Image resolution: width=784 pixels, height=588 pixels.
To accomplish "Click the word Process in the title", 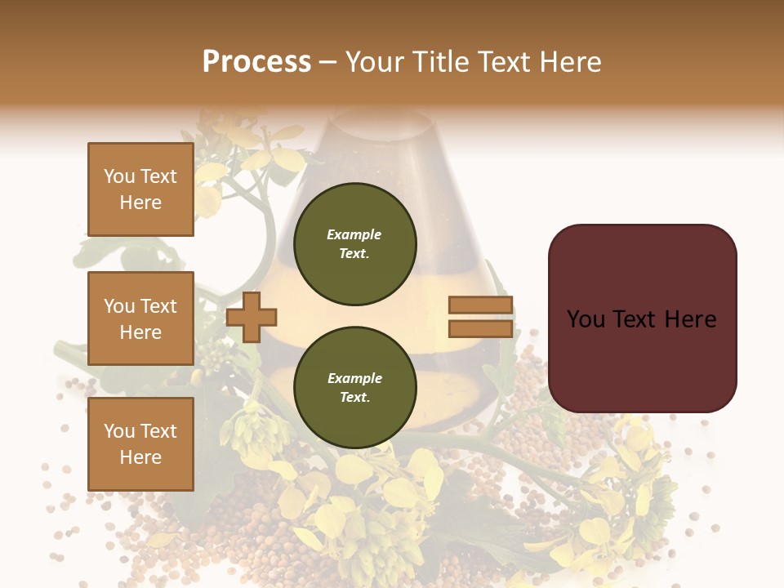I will tap(256, 62).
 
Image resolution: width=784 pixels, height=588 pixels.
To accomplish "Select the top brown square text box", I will tap(140, 189).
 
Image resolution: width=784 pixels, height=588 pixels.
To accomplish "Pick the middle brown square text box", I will tap(140, 318).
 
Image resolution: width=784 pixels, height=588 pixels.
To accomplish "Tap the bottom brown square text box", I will tap(140, 444).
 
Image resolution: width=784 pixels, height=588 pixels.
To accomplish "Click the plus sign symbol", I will tap(252, 318).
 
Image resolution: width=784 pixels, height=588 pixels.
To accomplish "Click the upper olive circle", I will tap(354, 244).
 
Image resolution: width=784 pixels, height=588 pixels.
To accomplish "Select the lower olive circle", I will tap(354, 388).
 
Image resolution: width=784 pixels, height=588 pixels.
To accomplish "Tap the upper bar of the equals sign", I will tap(480, 305).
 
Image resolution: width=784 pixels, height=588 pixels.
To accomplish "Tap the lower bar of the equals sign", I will tap(480, 329).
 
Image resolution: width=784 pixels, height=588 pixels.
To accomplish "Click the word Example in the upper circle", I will tap(354, 234).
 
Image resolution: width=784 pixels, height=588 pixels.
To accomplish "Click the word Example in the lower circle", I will tap(354, 378).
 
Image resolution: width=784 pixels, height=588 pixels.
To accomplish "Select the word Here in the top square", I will tap(140, 203).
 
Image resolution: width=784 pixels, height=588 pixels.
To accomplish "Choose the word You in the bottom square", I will tap(119, 431).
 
